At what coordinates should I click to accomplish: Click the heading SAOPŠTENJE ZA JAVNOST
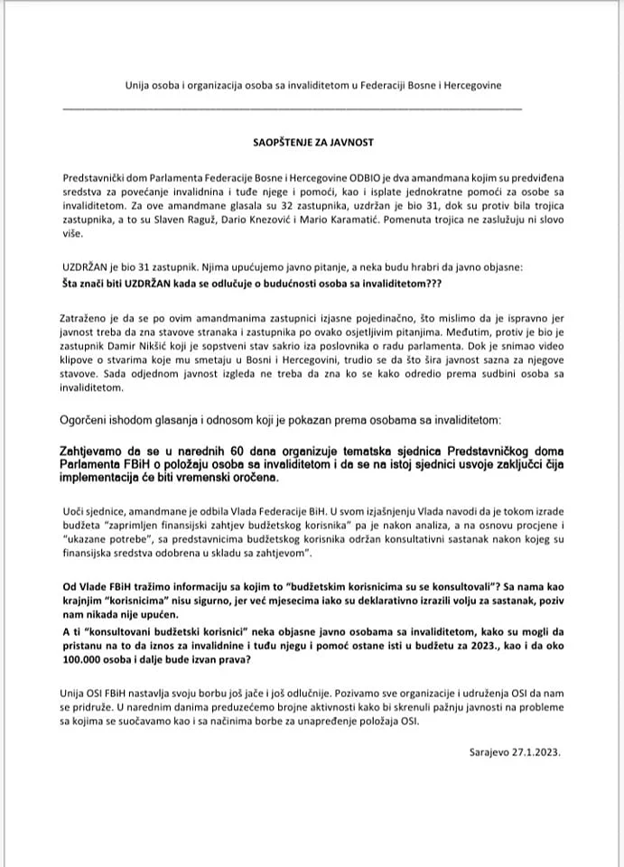(312, 142)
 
